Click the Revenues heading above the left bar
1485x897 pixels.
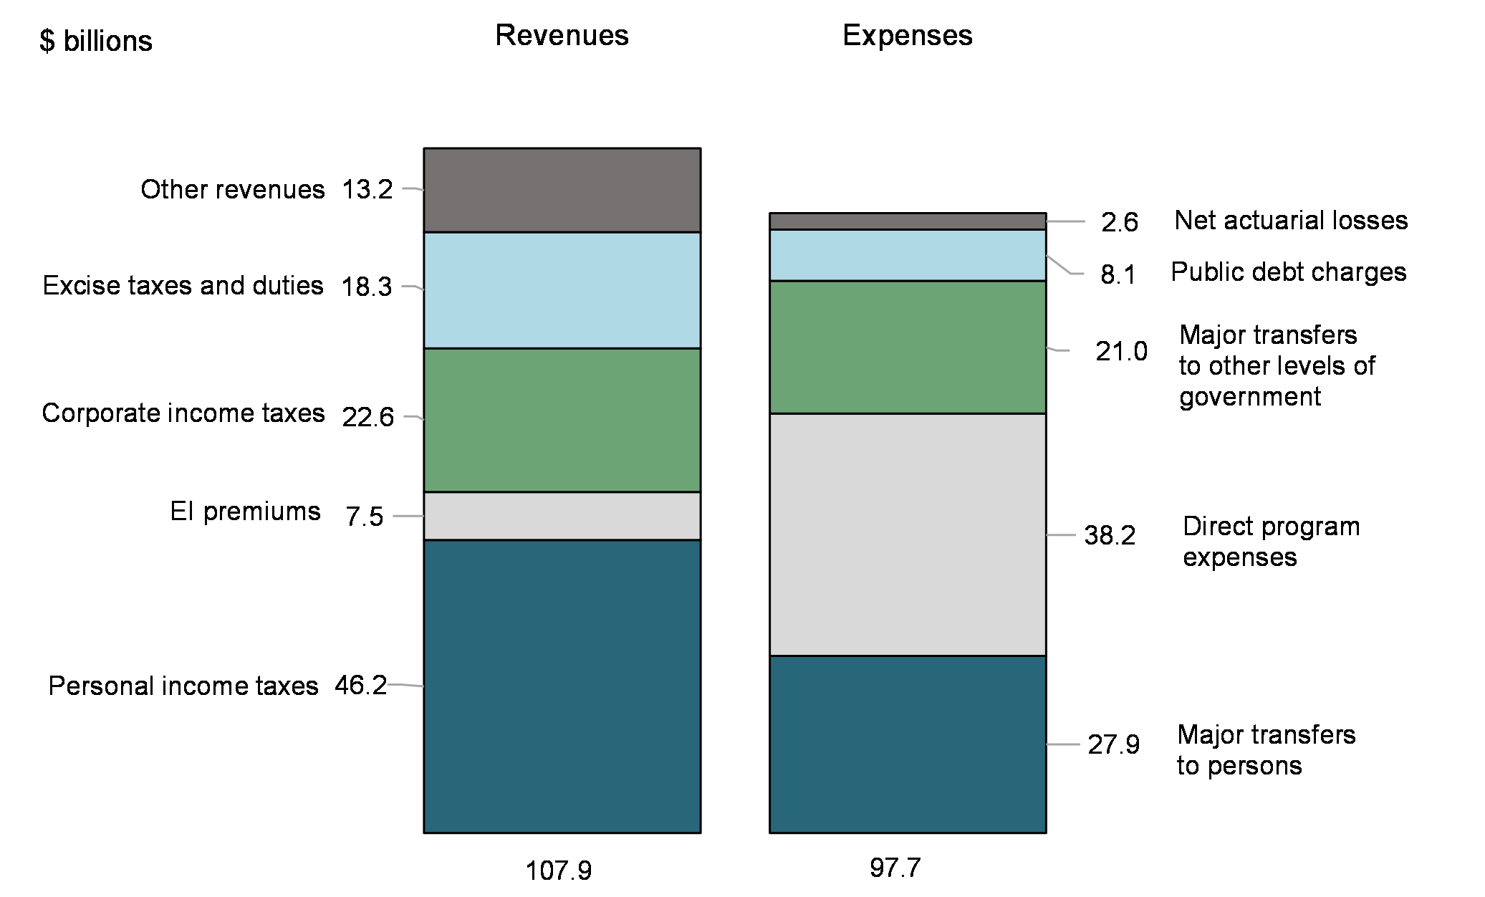(562, 36)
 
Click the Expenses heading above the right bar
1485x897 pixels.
(907, 36)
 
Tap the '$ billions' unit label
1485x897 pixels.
(96, 42)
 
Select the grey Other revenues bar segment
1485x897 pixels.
(562, 190)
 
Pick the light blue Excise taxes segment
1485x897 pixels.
(562, 290)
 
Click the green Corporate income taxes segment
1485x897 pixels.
(562, 420)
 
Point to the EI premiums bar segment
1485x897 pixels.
(562, 516)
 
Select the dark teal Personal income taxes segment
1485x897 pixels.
(562, 686)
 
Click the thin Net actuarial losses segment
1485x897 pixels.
(907, 221)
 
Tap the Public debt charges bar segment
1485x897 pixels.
(907, 255)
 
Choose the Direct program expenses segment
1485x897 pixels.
(907, 534)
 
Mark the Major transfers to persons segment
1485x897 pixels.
(907, 744)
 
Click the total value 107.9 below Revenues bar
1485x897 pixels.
(559, 870)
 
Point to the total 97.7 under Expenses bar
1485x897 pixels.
(895, 868)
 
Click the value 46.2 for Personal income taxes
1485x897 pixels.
(360, 686)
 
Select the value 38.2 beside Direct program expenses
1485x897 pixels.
(1110, 535)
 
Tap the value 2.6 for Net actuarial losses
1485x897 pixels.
(1120, 222)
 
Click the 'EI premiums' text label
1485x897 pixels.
(245, 512)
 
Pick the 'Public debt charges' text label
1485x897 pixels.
(1288, 272)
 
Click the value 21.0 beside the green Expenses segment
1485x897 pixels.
(1121, 351)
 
